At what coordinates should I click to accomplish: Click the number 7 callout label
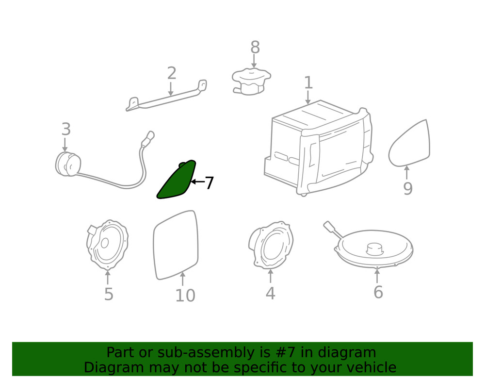[210, 182]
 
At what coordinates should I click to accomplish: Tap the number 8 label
[255, 48]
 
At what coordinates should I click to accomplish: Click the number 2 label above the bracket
[172, 73]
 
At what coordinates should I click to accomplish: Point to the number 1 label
[308, 82]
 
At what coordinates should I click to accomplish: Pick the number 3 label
[66, 129]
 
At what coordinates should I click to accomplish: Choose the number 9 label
[408, 188]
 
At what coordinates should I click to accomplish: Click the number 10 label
[185, 296]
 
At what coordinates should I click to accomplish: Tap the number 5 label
[109, 294]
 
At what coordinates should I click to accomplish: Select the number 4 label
[270, 293]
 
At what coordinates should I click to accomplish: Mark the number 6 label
[378, 292]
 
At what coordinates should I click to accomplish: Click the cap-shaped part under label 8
[251, 82]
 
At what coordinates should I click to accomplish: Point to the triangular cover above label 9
[409, 144]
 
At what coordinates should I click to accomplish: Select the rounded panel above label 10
[176, 245]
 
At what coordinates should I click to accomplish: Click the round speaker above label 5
[107, 245]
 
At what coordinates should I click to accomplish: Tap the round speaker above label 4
[271, 245]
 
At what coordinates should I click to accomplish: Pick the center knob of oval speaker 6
[375, 248]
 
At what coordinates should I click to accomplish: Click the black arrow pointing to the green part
[197, 182]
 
